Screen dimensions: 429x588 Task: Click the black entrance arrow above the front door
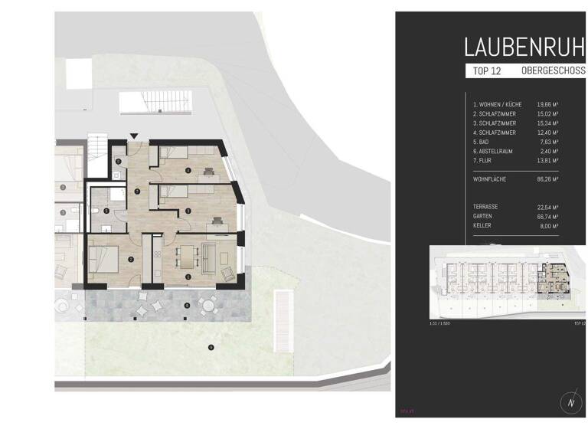(134, 136)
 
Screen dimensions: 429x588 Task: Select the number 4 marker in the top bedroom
(188, 170)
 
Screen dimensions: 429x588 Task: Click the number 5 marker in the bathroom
(107, 211)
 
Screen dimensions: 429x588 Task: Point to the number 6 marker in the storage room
(119, 162)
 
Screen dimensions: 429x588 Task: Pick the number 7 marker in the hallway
(136, 190)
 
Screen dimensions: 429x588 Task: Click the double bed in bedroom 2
(105, 260)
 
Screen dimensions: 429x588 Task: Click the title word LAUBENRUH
(524, 47)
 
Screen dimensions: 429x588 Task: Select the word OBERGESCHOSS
(553, 71)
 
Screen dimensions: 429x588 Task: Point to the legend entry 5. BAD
(482, 141)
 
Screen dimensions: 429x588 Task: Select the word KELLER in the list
(483, 226)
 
